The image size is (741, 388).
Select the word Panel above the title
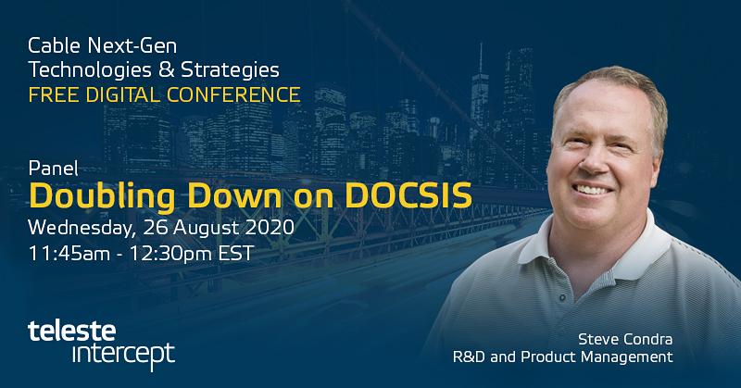[x=54, y=169]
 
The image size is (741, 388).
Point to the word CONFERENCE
[x=233, y=95]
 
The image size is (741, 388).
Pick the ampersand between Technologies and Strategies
[x=167, y=70]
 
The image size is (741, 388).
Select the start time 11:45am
[x=70, y=254]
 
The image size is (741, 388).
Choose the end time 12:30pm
[x=171, y=254]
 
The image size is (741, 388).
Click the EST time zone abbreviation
[x=236, y=254]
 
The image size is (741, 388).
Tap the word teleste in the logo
[x=72, y=331]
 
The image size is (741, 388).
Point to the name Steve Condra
[x=625, y=339]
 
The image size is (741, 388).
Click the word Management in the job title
[x=627, y=357]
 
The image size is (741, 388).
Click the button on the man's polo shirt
[x=562, y=298]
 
